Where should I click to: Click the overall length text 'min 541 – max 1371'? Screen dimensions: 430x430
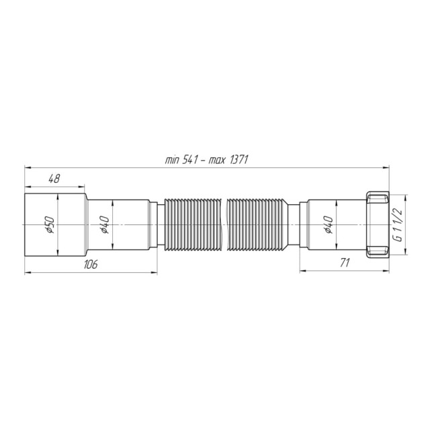206,160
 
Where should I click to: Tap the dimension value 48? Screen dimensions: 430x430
54,179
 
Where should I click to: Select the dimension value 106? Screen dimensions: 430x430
91,264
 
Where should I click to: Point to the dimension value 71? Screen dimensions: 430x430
345,263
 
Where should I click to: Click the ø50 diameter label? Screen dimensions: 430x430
50,224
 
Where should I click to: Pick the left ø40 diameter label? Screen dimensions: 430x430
105,224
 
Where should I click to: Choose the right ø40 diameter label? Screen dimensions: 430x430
329,224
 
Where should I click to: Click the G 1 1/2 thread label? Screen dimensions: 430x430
398,224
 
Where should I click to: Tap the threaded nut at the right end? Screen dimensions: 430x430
378,224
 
